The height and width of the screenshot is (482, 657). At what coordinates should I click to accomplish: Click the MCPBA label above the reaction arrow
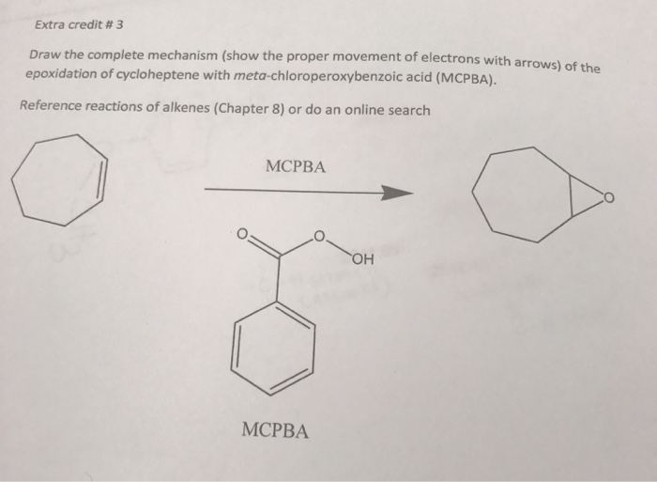(296, 166)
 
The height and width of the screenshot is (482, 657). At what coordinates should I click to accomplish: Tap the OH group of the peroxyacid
(364, 260)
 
